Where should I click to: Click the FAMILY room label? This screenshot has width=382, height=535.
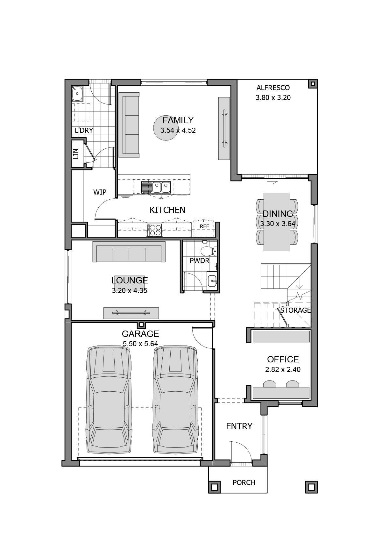178,120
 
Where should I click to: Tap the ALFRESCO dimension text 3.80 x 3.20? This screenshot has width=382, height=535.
273,98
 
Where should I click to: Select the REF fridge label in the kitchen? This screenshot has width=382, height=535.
204,226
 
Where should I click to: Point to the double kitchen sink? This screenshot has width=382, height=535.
161,187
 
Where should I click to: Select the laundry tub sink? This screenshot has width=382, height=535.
77,93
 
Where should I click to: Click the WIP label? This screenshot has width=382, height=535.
100,192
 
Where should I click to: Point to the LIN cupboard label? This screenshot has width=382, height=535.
75,154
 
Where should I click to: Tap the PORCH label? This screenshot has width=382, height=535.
244,483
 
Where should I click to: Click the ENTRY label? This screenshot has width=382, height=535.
239,426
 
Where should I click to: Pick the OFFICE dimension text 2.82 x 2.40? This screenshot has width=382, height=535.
283,370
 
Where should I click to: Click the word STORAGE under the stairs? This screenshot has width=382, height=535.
295,310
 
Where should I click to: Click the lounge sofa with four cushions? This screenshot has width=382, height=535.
129,252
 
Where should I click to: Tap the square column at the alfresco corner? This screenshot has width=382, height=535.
313,84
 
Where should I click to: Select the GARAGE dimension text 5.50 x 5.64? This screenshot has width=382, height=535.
140,344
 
